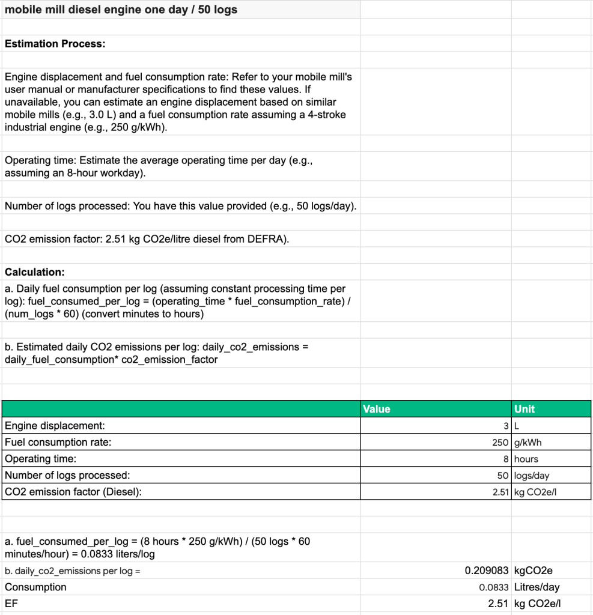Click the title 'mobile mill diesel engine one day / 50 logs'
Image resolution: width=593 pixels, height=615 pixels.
point(121,10)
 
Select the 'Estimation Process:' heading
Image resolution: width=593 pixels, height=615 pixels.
point(55,44)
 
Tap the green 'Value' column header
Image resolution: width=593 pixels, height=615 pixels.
point(377,409)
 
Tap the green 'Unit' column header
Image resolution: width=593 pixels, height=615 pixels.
point(525,409)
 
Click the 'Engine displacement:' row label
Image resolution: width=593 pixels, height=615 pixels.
point(55,426)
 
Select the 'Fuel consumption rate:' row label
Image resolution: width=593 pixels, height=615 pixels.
point(58,442)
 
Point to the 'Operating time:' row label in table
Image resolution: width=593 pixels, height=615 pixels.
point(41,459)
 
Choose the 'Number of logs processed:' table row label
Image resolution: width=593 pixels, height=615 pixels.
point(67,475)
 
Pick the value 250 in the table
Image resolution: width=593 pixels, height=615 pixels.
point(500,443)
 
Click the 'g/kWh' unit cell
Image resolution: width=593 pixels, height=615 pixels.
point(528,443)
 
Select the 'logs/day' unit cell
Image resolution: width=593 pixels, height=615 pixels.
point(532,476)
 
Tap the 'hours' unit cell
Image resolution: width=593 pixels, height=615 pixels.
point(526,459)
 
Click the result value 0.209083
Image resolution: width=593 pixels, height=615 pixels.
point(487,571)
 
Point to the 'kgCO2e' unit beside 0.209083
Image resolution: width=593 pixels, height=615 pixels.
point(534,571)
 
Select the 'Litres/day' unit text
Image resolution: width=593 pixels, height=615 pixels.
point(537,587)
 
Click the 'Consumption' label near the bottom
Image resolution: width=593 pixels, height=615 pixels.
point(35,587)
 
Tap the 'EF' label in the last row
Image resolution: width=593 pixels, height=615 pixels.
point(11,604)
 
